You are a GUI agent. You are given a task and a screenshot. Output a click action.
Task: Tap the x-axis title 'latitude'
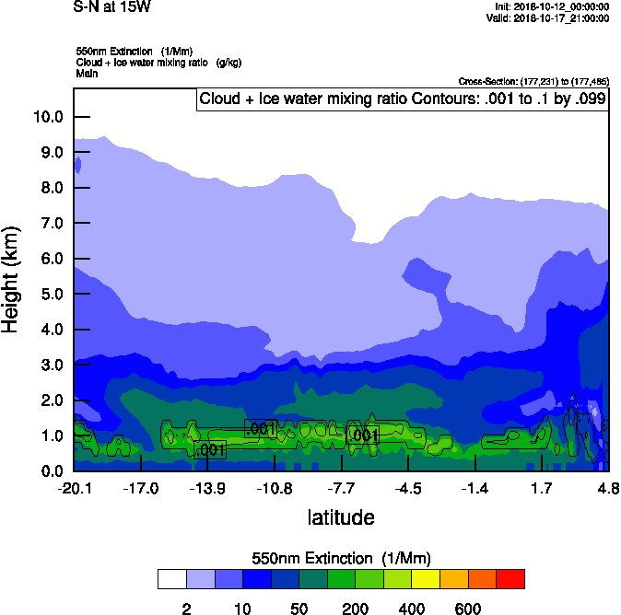point(341,517)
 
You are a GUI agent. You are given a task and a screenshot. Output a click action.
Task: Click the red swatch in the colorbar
point(510,578)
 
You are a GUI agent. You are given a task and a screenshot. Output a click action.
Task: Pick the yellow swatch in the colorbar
point(426,578)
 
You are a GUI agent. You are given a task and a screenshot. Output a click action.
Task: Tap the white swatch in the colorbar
point(171,578)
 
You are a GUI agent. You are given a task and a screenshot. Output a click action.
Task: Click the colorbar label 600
point(468,609)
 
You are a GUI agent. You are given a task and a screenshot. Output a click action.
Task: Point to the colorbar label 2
point(186,609)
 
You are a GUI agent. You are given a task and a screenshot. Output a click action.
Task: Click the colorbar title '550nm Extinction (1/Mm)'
point(341,558)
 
